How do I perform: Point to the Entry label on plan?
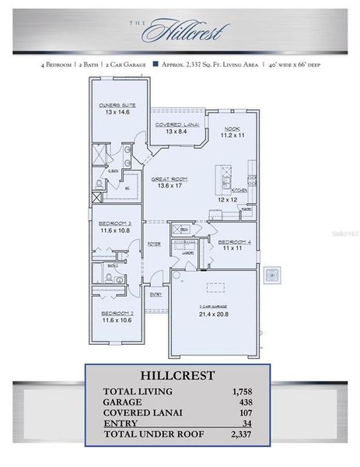tap(156, 294)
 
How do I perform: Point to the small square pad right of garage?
tap(272, 275)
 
